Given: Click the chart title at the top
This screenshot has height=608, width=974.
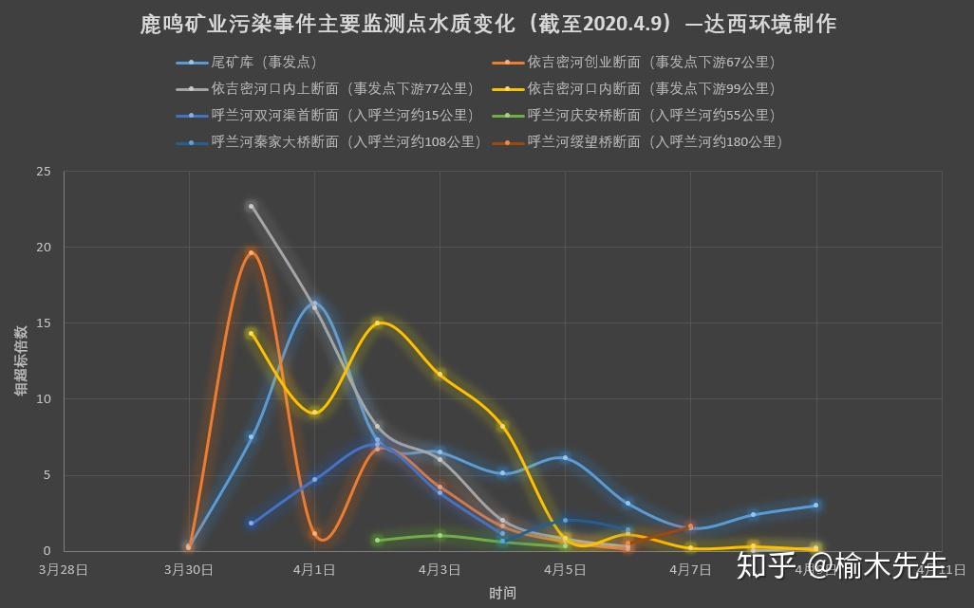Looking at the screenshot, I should click(487, 24).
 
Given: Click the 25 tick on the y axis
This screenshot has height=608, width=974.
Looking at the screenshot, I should click(44, 172).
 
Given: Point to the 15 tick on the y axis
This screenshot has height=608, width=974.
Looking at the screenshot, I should click(44, 323).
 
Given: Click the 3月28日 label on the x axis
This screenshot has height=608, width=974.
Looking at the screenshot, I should click(64, 570).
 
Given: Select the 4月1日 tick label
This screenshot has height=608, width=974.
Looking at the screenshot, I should click(314, 570).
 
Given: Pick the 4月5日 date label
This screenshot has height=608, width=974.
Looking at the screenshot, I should click(565, 570).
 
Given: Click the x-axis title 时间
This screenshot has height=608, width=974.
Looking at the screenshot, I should click(502, 594).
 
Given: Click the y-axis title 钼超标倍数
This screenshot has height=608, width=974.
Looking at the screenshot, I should click(20, 360).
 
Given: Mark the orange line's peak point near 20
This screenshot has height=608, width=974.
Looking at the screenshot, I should click(252, 252).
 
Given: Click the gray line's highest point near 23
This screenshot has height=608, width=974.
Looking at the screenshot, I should click(252, 206).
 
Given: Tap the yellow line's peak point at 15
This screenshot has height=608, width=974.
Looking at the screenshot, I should click(377, 322).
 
